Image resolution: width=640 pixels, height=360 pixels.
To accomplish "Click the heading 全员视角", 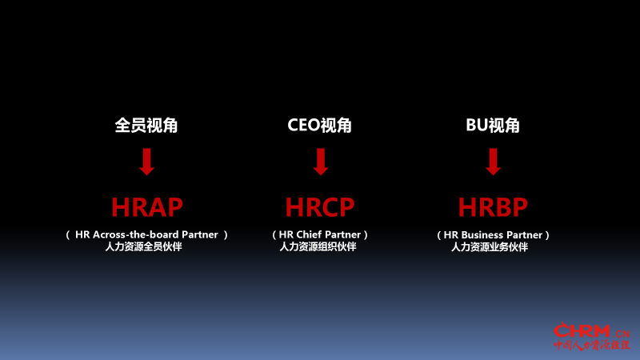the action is (146, 126).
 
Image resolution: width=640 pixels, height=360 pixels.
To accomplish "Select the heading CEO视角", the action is (319, 126).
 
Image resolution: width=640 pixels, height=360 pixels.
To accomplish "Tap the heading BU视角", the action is (493, 126).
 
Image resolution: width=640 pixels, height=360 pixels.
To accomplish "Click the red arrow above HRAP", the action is (147, 162).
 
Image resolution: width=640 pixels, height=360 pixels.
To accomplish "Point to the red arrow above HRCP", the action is (321, 162).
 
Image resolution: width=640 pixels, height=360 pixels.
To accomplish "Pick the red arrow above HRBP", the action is (493, 162).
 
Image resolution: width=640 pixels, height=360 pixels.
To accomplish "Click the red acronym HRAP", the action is (147, 207).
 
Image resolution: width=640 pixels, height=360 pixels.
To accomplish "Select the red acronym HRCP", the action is (320, 207).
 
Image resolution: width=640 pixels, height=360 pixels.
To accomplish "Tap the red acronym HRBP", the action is (493, 207).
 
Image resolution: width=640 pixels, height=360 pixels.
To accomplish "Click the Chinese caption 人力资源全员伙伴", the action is (144, 246).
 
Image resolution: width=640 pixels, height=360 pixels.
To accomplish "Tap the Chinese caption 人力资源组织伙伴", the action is (318, 246).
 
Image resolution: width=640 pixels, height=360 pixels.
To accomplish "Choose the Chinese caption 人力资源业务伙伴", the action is (490, 247).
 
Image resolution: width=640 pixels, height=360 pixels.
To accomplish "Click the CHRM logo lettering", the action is (582, 330).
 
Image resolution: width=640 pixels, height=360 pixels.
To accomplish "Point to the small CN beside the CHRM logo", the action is (622, 334).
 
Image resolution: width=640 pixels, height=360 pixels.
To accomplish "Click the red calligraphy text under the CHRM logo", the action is (592, 345).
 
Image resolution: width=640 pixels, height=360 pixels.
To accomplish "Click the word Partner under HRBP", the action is (524, 235).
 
